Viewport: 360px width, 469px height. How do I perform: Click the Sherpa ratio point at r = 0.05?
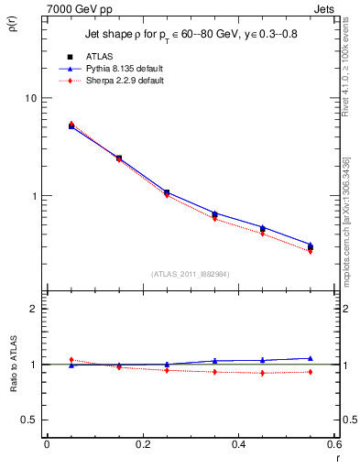point(71,359)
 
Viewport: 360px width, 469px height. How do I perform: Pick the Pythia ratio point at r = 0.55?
point(310,358)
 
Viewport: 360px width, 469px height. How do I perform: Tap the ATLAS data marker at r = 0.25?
point(167,192)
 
